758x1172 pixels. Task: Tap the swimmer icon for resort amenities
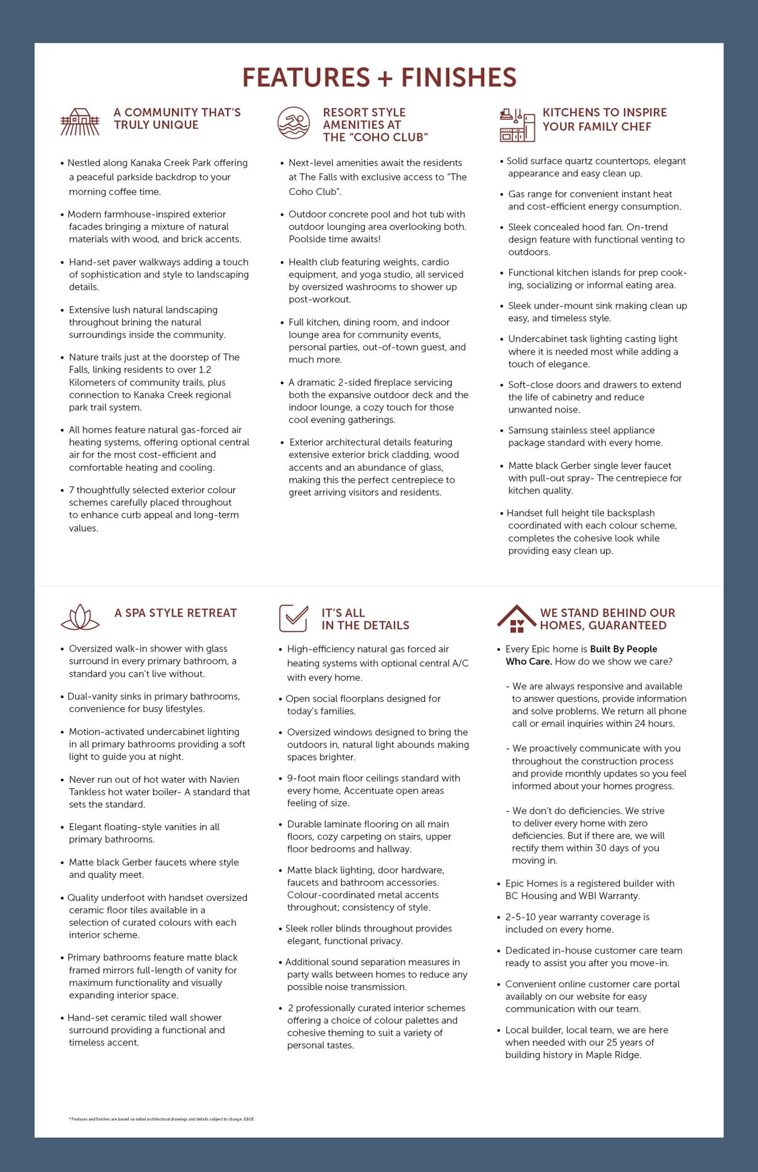click(293, 123)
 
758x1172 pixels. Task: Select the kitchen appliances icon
click(517, 125)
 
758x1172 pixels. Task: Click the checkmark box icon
click(293, 618)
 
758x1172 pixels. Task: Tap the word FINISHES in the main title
click(459, 78)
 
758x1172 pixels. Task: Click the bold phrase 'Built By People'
click(624, 649)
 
